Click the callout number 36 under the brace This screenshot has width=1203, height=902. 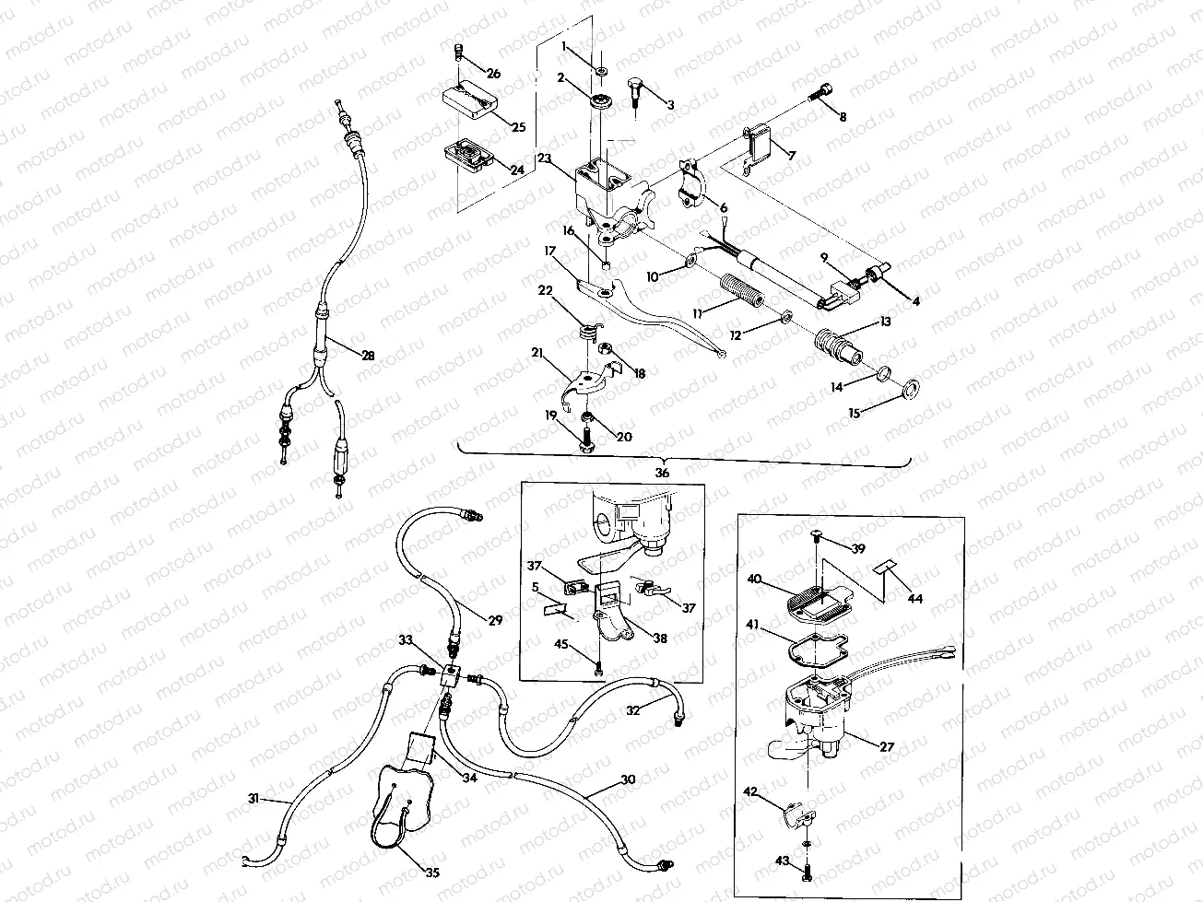tap(662, 473)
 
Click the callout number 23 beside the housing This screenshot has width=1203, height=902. tap(544, 158)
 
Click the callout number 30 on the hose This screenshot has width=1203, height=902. tap(627, 779)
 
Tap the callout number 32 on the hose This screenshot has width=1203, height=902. tap(633, 710)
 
